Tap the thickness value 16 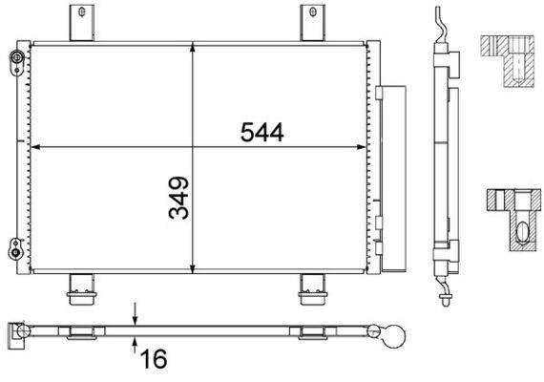coord(152,359)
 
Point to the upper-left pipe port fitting coord(17,62)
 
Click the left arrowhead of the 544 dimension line coord(37,147)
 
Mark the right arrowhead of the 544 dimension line coord(364,147)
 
